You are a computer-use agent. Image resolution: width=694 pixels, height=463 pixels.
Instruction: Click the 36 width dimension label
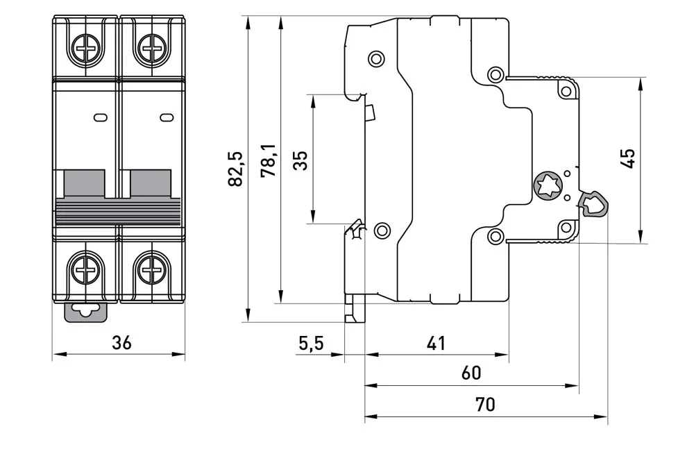point(121,343)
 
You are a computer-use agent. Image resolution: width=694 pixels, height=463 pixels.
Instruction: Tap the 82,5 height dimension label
point(235,169)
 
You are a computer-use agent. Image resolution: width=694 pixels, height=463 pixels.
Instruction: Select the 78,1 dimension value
point(269,160)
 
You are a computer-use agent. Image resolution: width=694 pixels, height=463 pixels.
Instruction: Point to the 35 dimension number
point(301,160)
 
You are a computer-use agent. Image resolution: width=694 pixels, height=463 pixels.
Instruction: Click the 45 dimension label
point(627,158)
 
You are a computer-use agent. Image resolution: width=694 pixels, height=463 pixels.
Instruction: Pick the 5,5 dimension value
point(311,343)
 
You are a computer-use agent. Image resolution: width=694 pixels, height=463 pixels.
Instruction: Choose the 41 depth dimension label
point(437,343)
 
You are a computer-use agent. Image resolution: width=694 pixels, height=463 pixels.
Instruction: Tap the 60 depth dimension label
point(471,373)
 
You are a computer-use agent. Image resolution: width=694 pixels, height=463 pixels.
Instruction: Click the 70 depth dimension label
point(485,404)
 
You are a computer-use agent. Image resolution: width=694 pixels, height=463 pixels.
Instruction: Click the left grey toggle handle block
point(85,184)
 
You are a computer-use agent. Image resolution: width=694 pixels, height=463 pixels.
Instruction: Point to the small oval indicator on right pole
point(167,117)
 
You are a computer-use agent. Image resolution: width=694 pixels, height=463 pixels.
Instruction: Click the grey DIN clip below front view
point(86,312)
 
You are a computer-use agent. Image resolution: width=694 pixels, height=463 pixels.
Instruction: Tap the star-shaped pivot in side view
point(548,185)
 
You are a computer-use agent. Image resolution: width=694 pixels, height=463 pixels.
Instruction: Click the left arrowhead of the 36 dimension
point(59,354)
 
